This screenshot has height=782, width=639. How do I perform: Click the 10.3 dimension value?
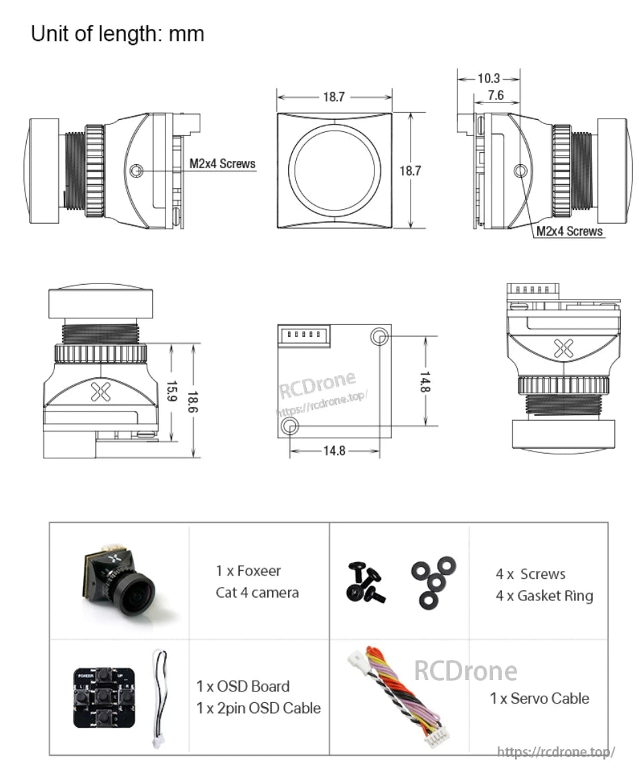[x=488, y=78]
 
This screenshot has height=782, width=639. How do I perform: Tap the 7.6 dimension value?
[x=496, y=95]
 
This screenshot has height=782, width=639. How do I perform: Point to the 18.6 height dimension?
[x=194, y=401]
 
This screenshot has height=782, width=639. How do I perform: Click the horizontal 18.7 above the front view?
[x=334, y=97]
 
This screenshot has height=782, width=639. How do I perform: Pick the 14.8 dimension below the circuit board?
[x=334, y=451]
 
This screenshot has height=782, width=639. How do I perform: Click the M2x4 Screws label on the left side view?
[x=222, y=163]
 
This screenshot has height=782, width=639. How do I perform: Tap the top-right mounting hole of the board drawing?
[x=379, y=336]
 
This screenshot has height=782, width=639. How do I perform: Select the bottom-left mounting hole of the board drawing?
[x=289, y=426]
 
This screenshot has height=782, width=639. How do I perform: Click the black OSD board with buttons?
[x=104, y=697]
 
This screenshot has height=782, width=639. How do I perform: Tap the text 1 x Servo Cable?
[x=539, y=698]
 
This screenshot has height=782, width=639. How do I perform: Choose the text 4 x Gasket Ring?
[x=544, y=595]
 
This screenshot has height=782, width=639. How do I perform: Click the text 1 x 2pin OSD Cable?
[x=259, y=708]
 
